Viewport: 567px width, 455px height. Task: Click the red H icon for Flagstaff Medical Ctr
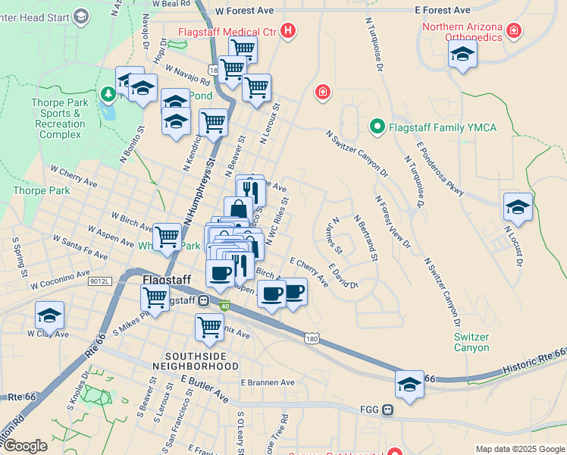coord(287,31)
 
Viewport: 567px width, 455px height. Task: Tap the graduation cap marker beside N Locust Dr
coord(518,206)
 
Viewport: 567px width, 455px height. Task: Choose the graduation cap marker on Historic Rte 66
coord(409,384)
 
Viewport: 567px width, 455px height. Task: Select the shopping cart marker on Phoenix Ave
coord(209,328)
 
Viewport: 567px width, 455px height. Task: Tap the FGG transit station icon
coord(387,410)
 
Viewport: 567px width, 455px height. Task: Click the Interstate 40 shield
coord(225,305)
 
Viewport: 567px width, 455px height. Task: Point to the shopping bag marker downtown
coord(238,211)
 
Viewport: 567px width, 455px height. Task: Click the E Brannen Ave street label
coord(267,383)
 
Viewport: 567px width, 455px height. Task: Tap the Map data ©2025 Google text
coord(519,449)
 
